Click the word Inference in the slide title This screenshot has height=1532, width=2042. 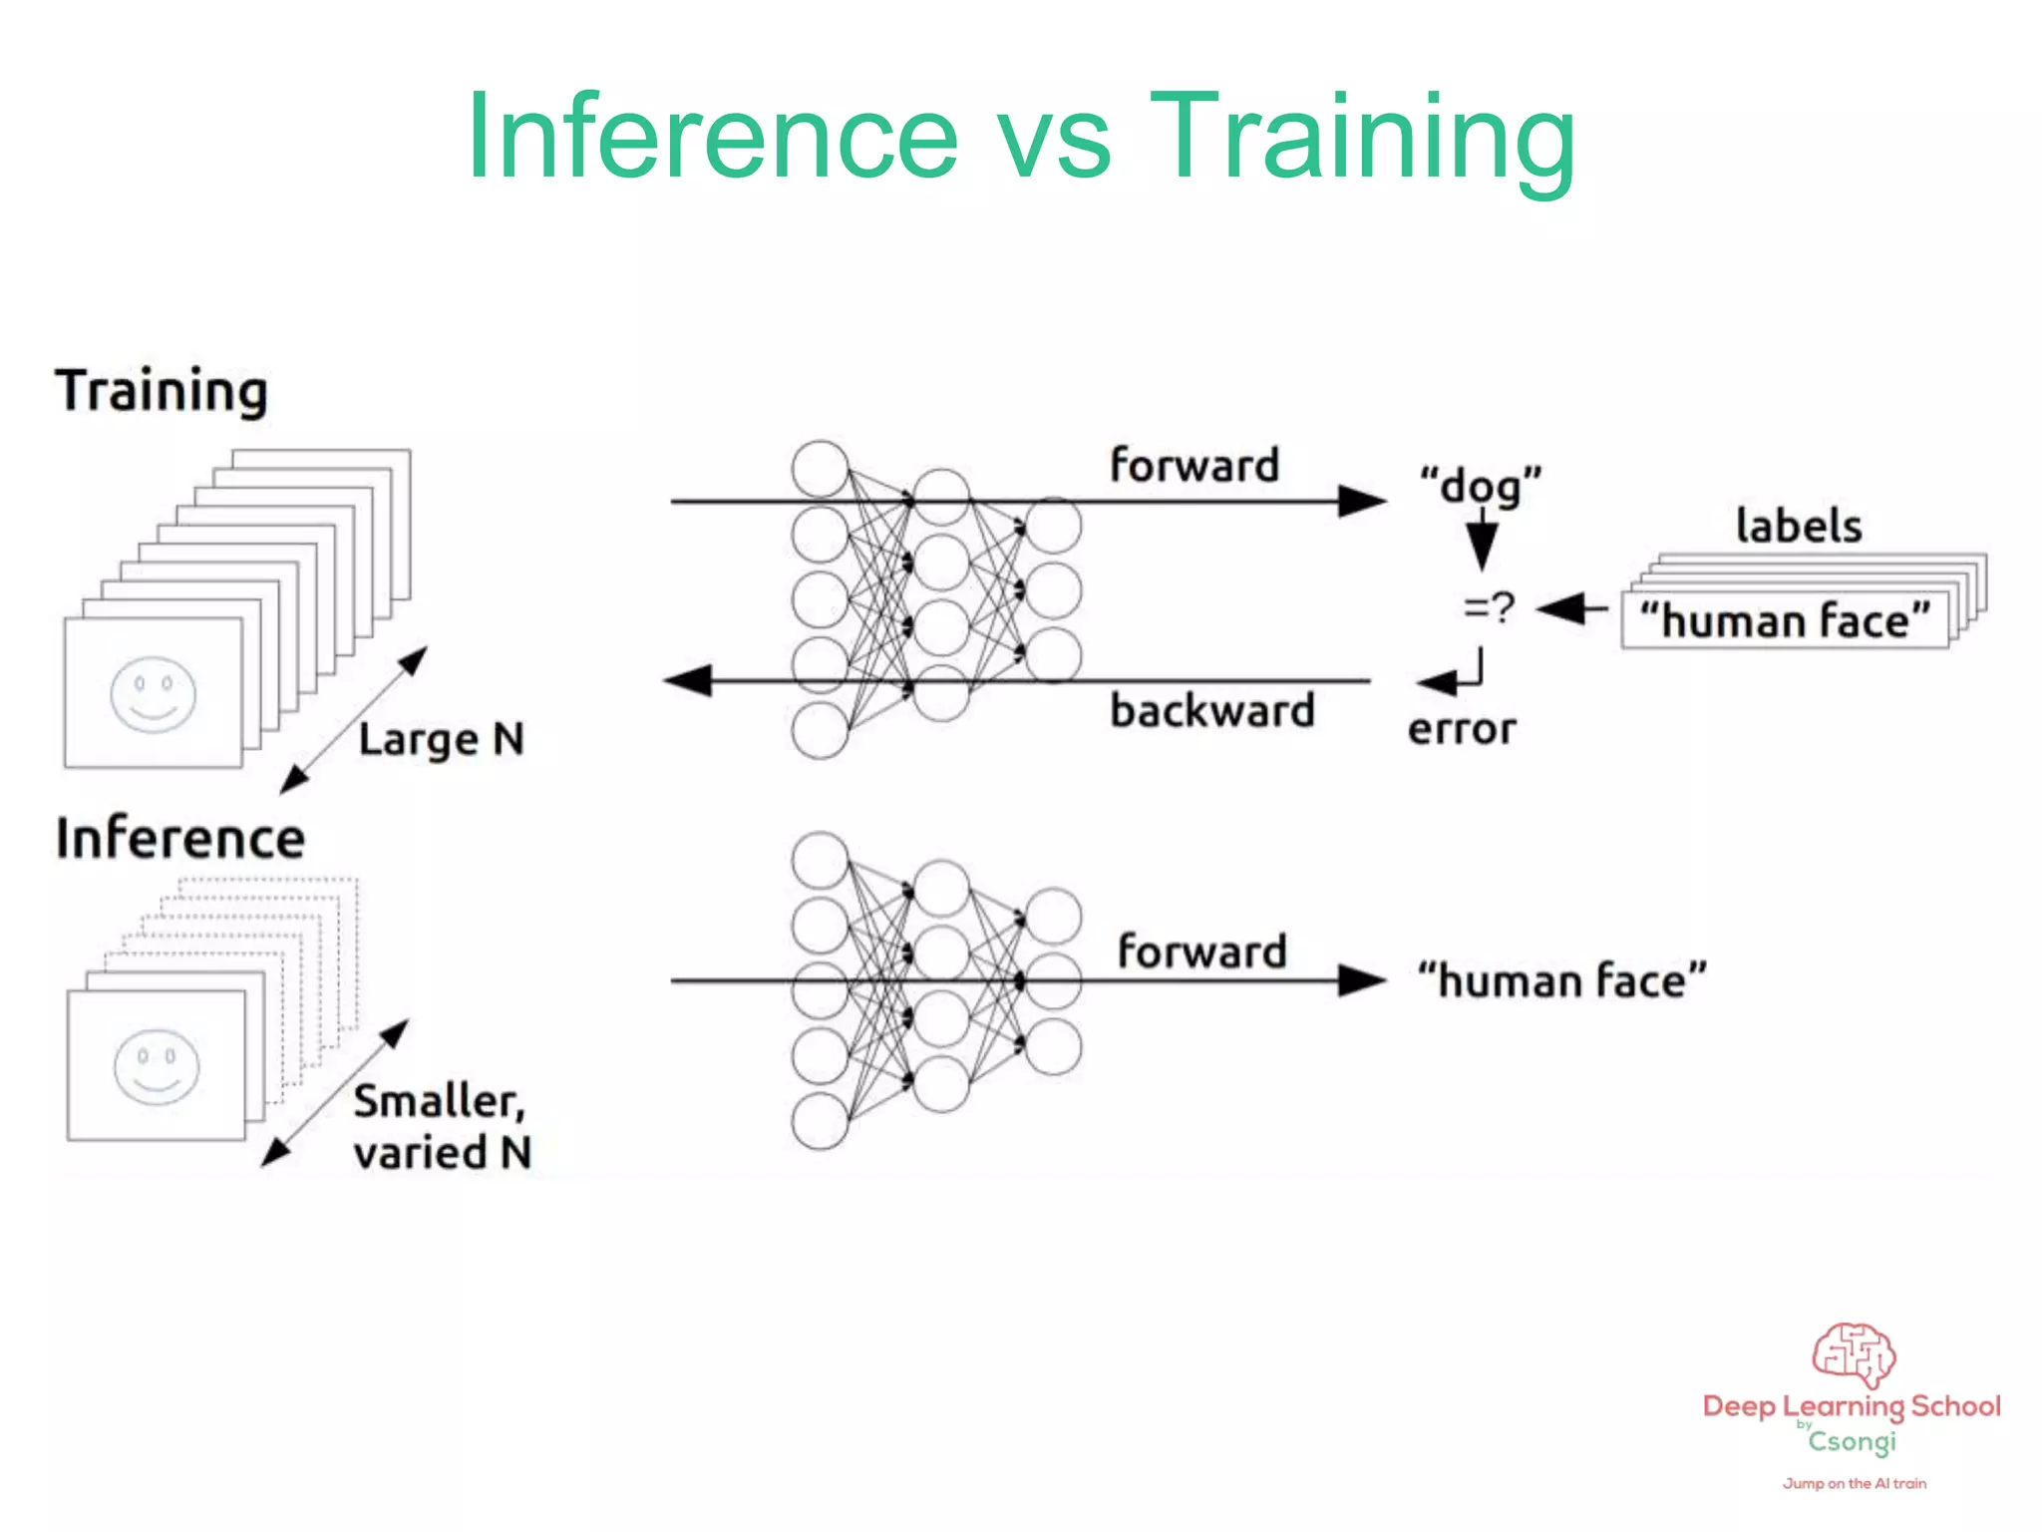point(712,138)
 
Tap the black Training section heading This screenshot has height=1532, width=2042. point(162,391)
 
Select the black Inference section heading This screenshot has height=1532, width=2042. point(180,839)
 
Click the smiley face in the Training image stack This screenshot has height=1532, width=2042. point(153,694)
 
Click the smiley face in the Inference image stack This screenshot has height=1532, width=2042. point(157,1066)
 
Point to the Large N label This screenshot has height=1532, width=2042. point(441,740)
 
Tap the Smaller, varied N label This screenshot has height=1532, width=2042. point(442,1127)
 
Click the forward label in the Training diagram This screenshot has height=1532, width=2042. point(1194,466)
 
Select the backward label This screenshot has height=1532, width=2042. point(1212,711)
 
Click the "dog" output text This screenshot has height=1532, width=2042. point(1481,486)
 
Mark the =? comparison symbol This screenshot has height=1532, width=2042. point(1489,606)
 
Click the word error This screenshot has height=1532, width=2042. point(1462,730)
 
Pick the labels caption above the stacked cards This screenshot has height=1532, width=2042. point(1799,526)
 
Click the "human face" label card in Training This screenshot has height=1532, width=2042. point(1785,620)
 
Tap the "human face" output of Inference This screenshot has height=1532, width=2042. point(1562,980)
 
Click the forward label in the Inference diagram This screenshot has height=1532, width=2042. point(1201,952)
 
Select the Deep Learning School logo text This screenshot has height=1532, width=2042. point(1852,1406)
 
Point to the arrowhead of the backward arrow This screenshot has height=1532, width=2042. point(688,681)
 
